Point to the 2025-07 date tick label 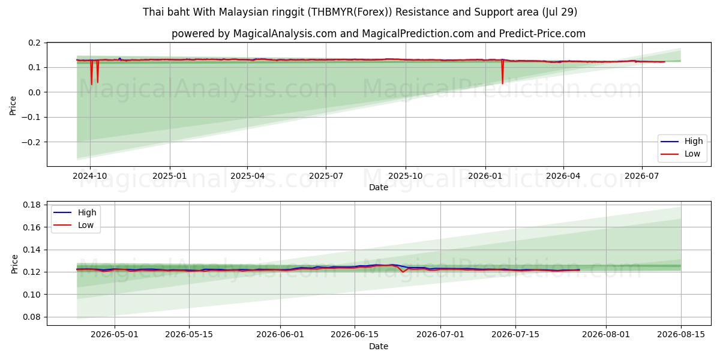[x=326, y=176]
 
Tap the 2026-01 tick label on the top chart [x=485, y=176]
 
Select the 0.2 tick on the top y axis [x=34, y=43]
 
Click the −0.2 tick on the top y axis [x=31, y=142]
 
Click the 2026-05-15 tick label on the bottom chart [x=189, y=335]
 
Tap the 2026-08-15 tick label [x=681, y=335]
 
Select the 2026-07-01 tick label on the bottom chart [x=440, y=335]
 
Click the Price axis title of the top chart [x=13, y=106]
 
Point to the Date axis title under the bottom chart [x=379, y=346]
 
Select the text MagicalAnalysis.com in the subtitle [x=285, y=34]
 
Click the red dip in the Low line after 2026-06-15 [x=403, y=272]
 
